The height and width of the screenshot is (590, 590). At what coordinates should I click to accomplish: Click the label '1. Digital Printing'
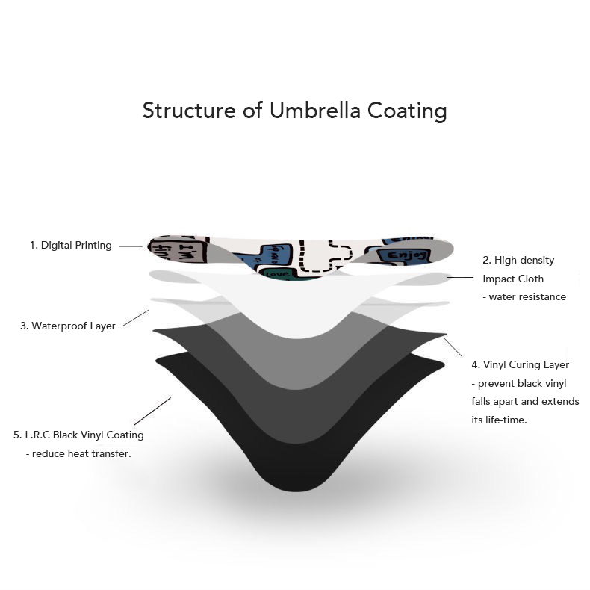pyautogui.click(x=70, y=245)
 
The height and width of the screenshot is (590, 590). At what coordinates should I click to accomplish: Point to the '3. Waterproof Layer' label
pyautogui.click(x=67, y=326)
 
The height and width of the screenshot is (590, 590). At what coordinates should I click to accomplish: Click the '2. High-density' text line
pyautogui.click(x=518, y=261)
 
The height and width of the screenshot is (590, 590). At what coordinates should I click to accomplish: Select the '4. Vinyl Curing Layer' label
pyautogui.click(x=521, y=365)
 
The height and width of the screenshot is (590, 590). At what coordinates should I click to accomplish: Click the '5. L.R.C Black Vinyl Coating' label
pyautogui.click(x=78, y=435)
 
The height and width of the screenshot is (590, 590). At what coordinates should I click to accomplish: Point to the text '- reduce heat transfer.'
pyautogui.click(x=78, y=453)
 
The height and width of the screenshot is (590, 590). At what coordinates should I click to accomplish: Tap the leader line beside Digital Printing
pyautogui.click(x=131, y=246)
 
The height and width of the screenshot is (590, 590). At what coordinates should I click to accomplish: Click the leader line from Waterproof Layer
pyautogui.click(x=135, y=318)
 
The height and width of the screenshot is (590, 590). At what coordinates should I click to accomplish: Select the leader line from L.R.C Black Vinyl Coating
pyautogui.click(x=152, y=412)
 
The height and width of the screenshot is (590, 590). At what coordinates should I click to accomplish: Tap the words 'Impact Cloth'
pyautogui.click(x=513, y=279)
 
